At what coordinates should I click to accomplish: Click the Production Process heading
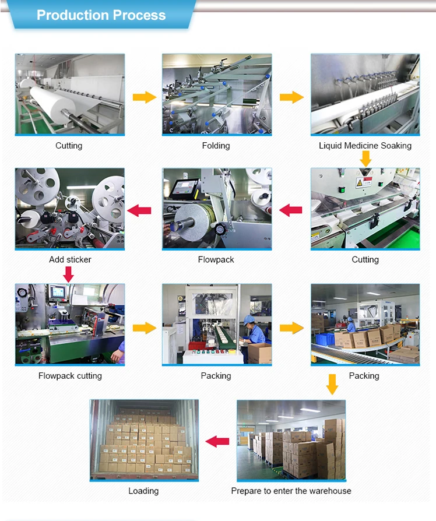coord(101,15)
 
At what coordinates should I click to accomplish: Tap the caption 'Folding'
coord(216,146)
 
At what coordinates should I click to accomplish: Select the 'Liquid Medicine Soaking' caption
coord(365,146)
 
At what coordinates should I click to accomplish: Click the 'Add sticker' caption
coord(70,259)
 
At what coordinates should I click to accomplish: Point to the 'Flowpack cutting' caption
coord(70,376)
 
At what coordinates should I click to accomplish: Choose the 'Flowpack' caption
coord(216,259)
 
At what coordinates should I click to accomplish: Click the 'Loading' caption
coord(143,491)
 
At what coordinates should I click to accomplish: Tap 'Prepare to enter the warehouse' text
coord(291,491)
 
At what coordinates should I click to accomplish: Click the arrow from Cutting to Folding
coord(144,97)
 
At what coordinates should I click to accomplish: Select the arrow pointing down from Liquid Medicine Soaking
coord(365,158)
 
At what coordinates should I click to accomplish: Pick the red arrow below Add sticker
coord(69,273)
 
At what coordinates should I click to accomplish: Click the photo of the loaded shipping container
coord(144,440)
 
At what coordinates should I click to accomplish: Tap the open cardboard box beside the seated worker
coord(260,353)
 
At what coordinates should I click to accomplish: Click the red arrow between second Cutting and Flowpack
coord(291,210)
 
